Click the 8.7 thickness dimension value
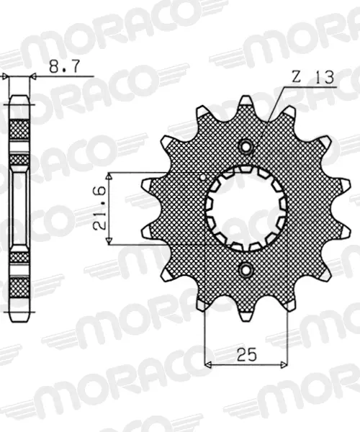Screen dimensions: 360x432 point(65,66)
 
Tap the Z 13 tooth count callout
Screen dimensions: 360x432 point(313,78)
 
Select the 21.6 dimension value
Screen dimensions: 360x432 point(99,208)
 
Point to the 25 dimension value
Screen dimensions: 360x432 point(246,354)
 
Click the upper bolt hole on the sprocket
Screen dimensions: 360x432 point(246,146)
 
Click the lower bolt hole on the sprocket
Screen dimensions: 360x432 point(246,269)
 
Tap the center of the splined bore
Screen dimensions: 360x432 point(246,208)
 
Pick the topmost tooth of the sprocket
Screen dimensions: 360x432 point(246,102)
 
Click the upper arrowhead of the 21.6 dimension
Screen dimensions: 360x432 point(109,176)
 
